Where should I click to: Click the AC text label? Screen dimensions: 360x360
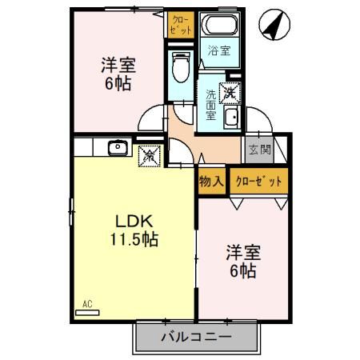tap(87, 304)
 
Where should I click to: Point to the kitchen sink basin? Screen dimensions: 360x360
tap(118, 147)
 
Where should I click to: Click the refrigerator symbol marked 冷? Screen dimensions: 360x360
tap(150, 155)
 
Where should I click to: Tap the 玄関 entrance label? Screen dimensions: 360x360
tap(258, 149)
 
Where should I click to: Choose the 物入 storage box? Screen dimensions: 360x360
tap(210, 181)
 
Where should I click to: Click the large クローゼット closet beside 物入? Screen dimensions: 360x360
tap(258, 181)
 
